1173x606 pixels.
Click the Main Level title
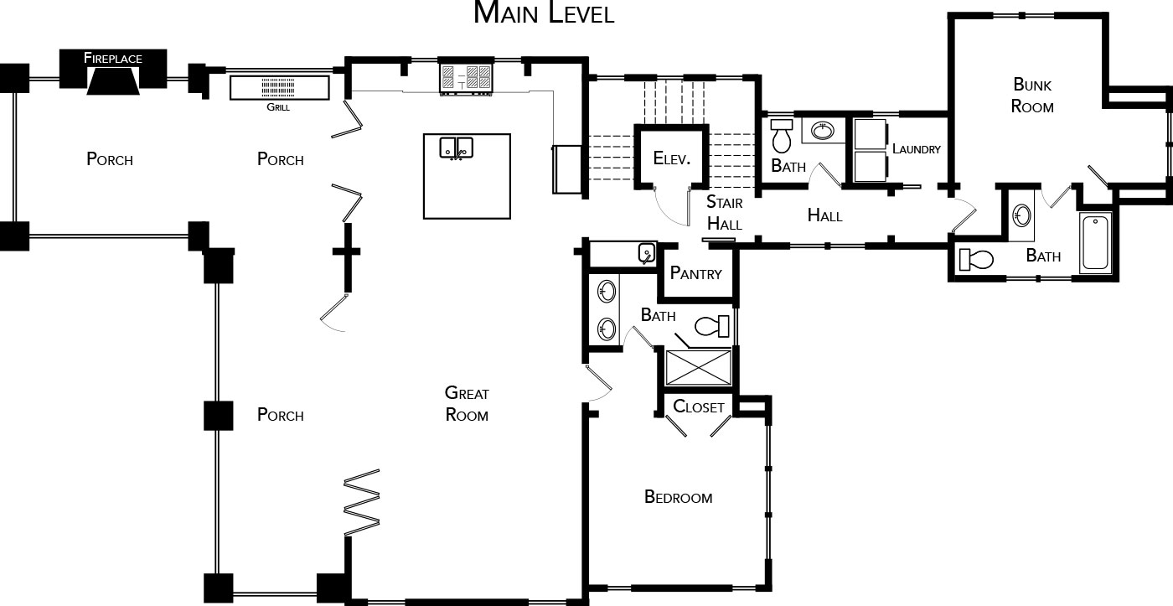pyautogui.click(x=544, y=13)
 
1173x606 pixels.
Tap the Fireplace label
pyautogui.click(x=112, y=58)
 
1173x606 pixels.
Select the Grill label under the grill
pyautogui.click(x=278, y=106)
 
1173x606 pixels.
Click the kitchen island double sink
pyautogui.click(x=456, y=148)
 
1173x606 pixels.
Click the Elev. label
pyautogui.click(x=671, y=158)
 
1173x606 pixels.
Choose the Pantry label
pyautogui.click(x=696, y=273)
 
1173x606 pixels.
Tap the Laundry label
pyautogui.click(x=917, y=148)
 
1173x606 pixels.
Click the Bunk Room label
pyautogui.click(x=1032, y=96)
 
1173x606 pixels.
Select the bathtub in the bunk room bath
pyautogui.click(x=1096, y=242)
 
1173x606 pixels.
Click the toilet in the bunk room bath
pyautogui.click(x=976, y=259)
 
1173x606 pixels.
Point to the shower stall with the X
pyautogui.click(x=699, y=368)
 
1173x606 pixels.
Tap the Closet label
pyautogui.click(x=699, y=407)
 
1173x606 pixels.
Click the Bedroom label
pyautogui.click(x=678, y=496)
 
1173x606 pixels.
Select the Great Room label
pyautogui.click(x=467, y=403)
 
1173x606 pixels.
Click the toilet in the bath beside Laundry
pyautogui.click(x=782, y=136)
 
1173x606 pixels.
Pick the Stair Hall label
pyautogui.click(x=725, y=213)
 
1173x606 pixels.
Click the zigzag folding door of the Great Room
pyautogui.click(x=362, y=502)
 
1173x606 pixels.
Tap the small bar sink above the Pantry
pyautogui.click(x=647, y=253)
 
